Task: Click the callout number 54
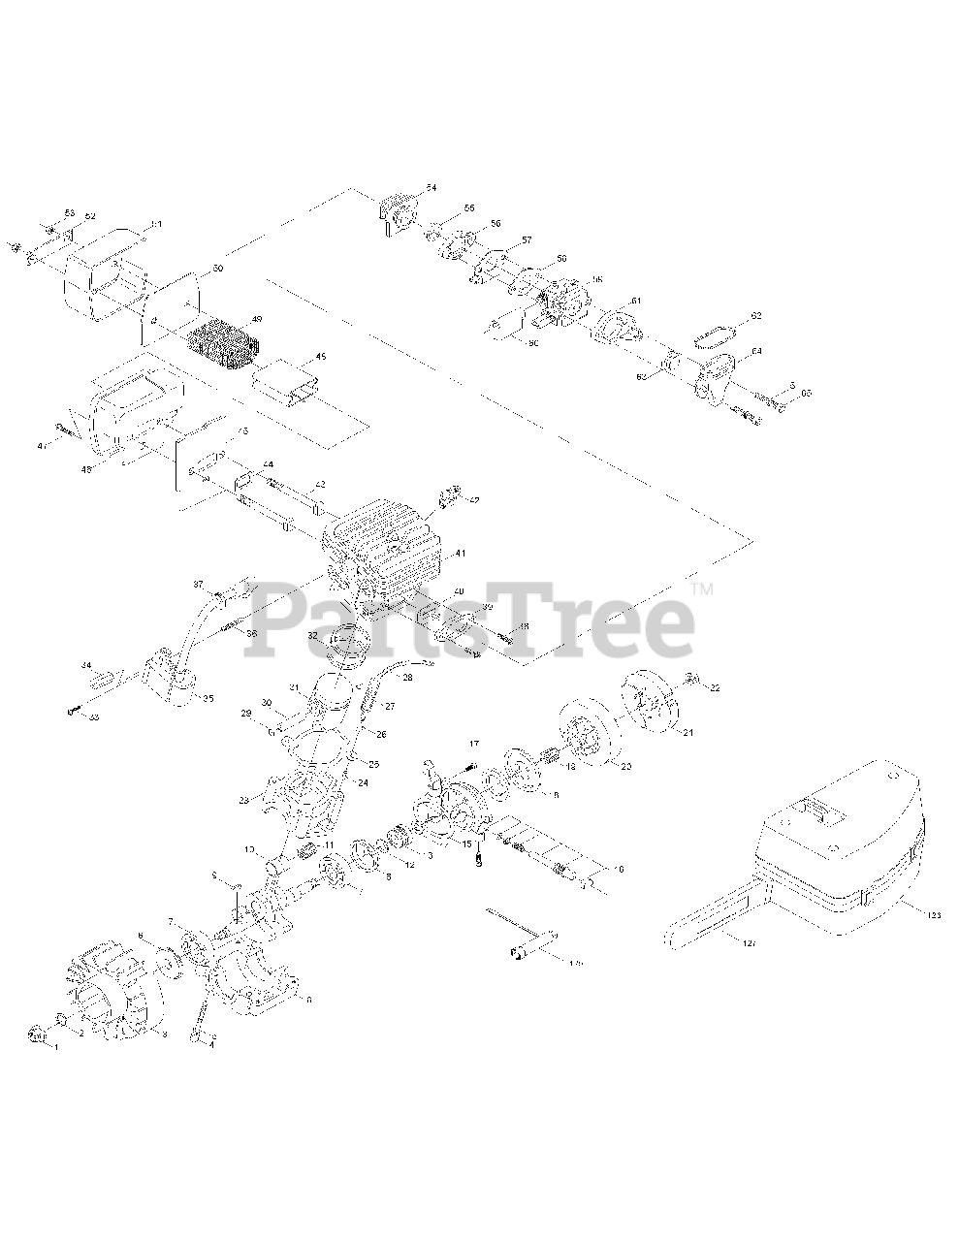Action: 432,186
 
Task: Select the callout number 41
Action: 461,554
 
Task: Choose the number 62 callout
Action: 756,317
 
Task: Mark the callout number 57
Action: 527,239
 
